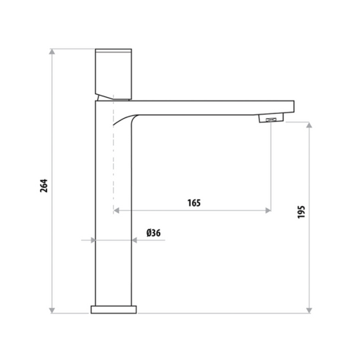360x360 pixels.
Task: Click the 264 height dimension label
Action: [x=44, y=186]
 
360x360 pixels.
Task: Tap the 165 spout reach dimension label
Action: [x=194, y=203]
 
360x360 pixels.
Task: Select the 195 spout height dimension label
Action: [x=301, y=212]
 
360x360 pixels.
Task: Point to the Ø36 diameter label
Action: [x=153, y=233]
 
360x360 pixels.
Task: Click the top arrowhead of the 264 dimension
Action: [x=52, y=51]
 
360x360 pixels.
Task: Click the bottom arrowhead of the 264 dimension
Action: [x=52, y=310]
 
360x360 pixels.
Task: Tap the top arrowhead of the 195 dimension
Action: [x=309, y=125]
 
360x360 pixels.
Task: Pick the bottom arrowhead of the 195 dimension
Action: [x=309, y=310]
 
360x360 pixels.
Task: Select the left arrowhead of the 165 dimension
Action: [x=116, y=210]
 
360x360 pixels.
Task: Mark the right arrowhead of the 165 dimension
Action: [x=268, y=210]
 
